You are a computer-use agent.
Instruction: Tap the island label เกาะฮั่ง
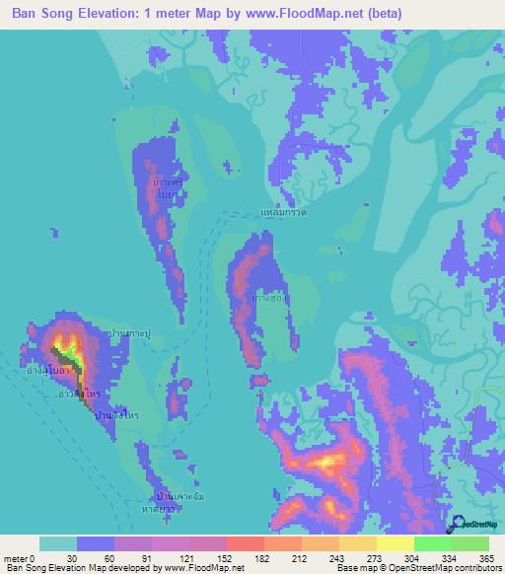[x=268, y=296]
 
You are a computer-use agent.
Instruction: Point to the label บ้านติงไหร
[x=115, y=416]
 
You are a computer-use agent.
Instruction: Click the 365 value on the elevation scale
[x=487, y=557]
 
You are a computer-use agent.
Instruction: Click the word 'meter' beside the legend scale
[x=17, y=557]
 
